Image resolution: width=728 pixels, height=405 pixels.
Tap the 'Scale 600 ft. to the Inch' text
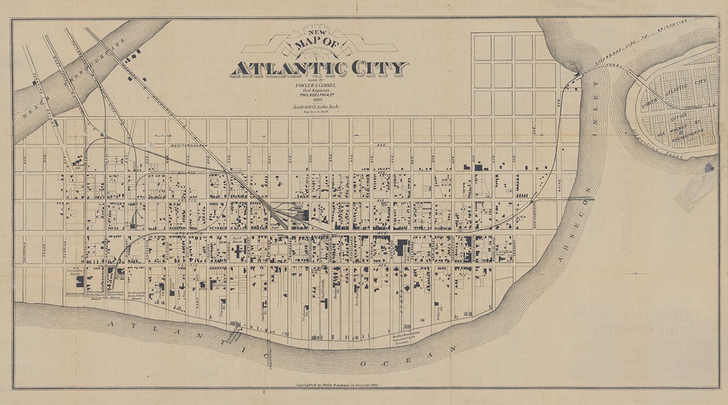(x=318, y=107)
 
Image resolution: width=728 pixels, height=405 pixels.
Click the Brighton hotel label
(x=218, y=286)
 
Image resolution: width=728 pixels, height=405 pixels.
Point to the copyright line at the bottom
(x=337, y=385)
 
